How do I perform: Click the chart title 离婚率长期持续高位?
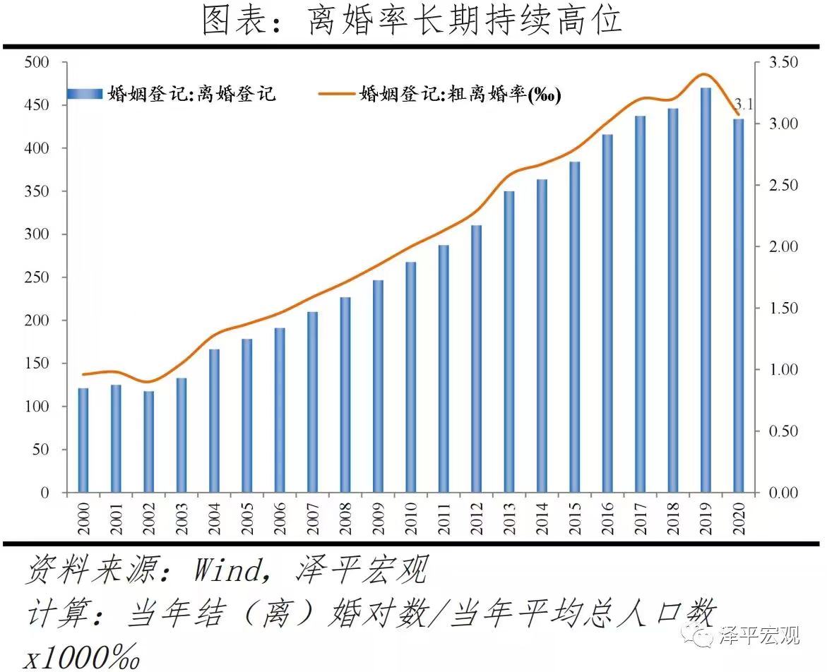point(413,21)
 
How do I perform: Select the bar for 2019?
point(705,289)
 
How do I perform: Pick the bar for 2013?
point(508,342)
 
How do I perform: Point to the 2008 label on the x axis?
point(345,518)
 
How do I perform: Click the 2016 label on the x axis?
point(607,518)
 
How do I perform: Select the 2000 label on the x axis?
point(83,518)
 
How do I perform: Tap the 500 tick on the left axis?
point(36,62)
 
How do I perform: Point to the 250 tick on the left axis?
point(36,277)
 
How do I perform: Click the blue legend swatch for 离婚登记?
point(85,94)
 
